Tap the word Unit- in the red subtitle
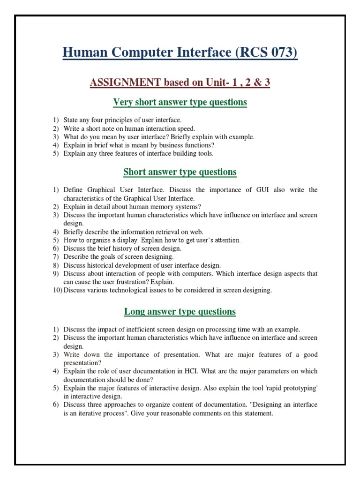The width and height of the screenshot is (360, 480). (x=215, y=82)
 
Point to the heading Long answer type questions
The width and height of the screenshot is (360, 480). (x=180, y=311)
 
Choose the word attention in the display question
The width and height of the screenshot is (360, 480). (x=227, y=240)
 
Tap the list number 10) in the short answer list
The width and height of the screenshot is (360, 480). (x=57, y=290)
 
